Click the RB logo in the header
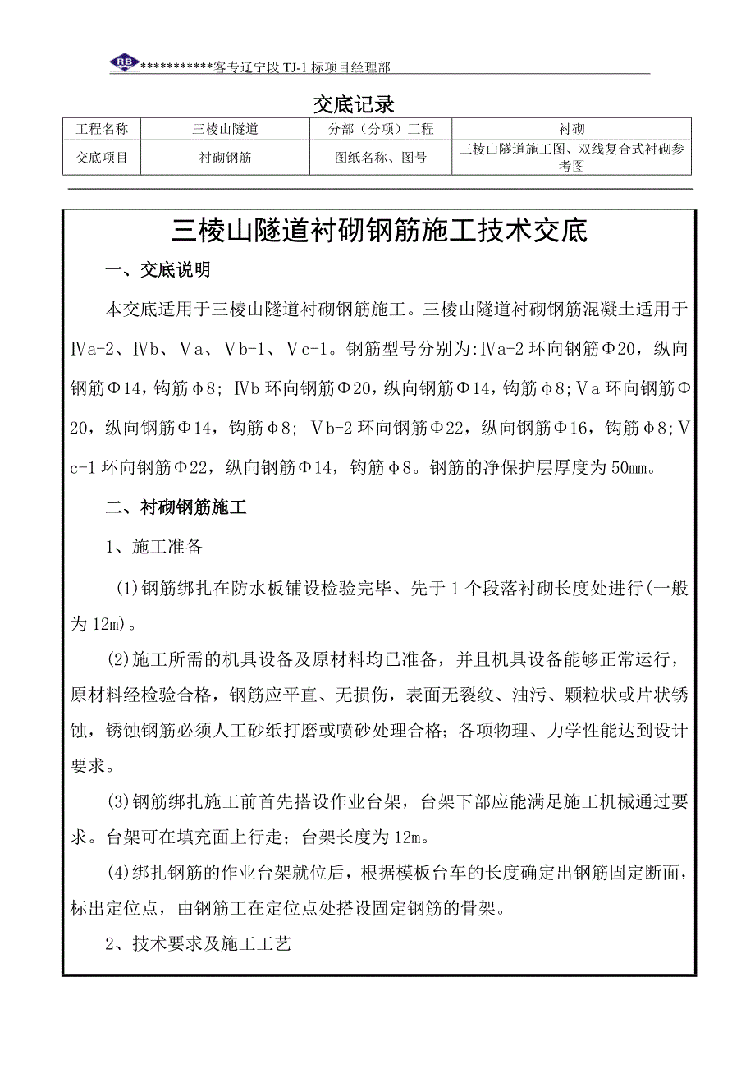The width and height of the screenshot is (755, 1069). click(124, 63)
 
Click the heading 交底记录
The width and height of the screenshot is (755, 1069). click(355, 104)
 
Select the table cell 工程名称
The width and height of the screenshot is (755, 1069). click(102, 129)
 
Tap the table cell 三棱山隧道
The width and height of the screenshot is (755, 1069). click(225, 129)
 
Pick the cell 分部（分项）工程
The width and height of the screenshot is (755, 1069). click(381, 129)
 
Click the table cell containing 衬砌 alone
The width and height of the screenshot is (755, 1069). click(571, 129)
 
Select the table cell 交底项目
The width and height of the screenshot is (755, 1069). click(102, 158)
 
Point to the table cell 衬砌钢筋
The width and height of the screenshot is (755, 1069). click(225, 158)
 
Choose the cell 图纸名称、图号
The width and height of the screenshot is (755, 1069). click(381, 158)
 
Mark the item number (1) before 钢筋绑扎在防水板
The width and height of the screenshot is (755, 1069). click(127, 587)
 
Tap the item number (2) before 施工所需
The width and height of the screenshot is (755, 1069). click(121, 658)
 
